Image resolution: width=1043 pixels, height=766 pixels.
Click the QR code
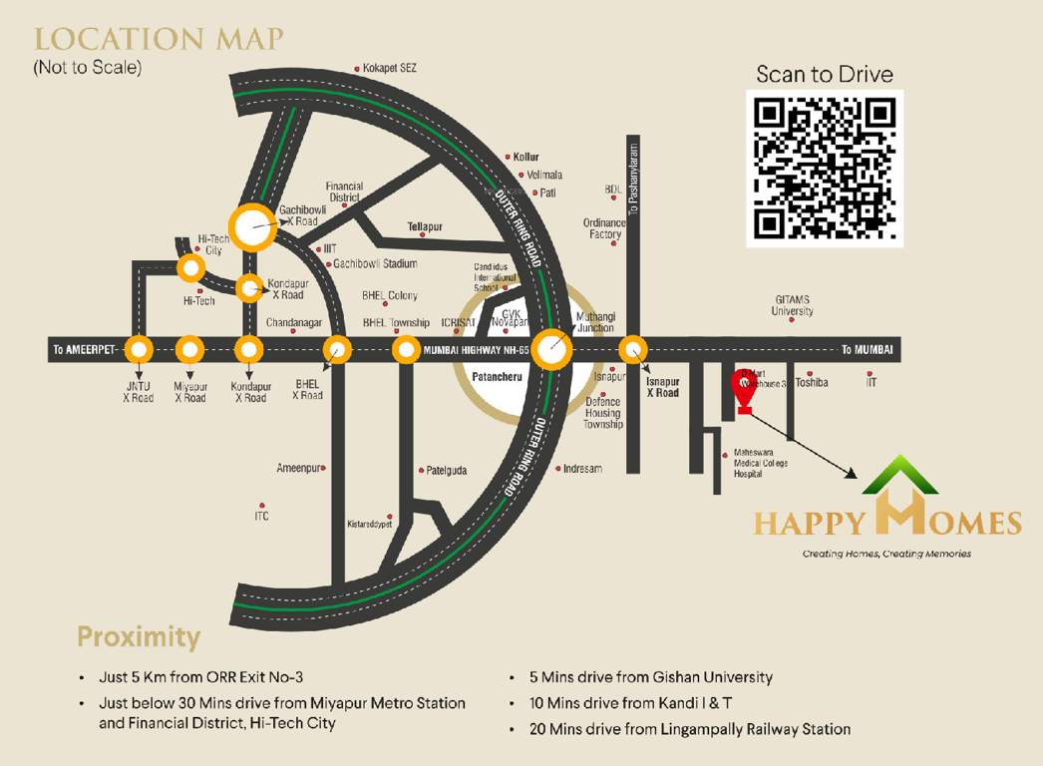[825, 168]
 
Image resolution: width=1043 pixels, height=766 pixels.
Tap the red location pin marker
[744, 389]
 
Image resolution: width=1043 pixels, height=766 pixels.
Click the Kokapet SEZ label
[390, 68]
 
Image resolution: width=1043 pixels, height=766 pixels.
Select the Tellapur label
[425, 226]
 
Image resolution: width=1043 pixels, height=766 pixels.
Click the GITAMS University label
[793, 305]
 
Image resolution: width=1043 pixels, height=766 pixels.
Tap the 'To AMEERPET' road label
[86, 349]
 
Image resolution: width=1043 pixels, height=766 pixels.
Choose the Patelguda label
[446, 470]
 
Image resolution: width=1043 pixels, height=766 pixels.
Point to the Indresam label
[582, 468]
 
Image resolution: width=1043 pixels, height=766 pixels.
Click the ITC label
[261, 516]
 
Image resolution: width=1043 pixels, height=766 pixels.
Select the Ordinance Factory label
[604, 228]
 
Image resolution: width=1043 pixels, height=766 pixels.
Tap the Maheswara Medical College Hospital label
[761, 463]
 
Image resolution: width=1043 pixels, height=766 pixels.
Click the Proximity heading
[139, 636]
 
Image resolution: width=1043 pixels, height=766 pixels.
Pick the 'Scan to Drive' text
[825, 74]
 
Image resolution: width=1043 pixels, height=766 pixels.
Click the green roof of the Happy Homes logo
[900, 474]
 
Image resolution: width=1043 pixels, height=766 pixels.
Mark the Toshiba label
[812, 382]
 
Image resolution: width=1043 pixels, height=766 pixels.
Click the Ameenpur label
[298, 468]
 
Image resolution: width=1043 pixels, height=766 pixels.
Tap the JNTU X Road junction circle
[139, 350]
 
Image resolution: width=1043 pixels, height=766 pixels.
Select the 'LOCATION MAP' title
[159, 40]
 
